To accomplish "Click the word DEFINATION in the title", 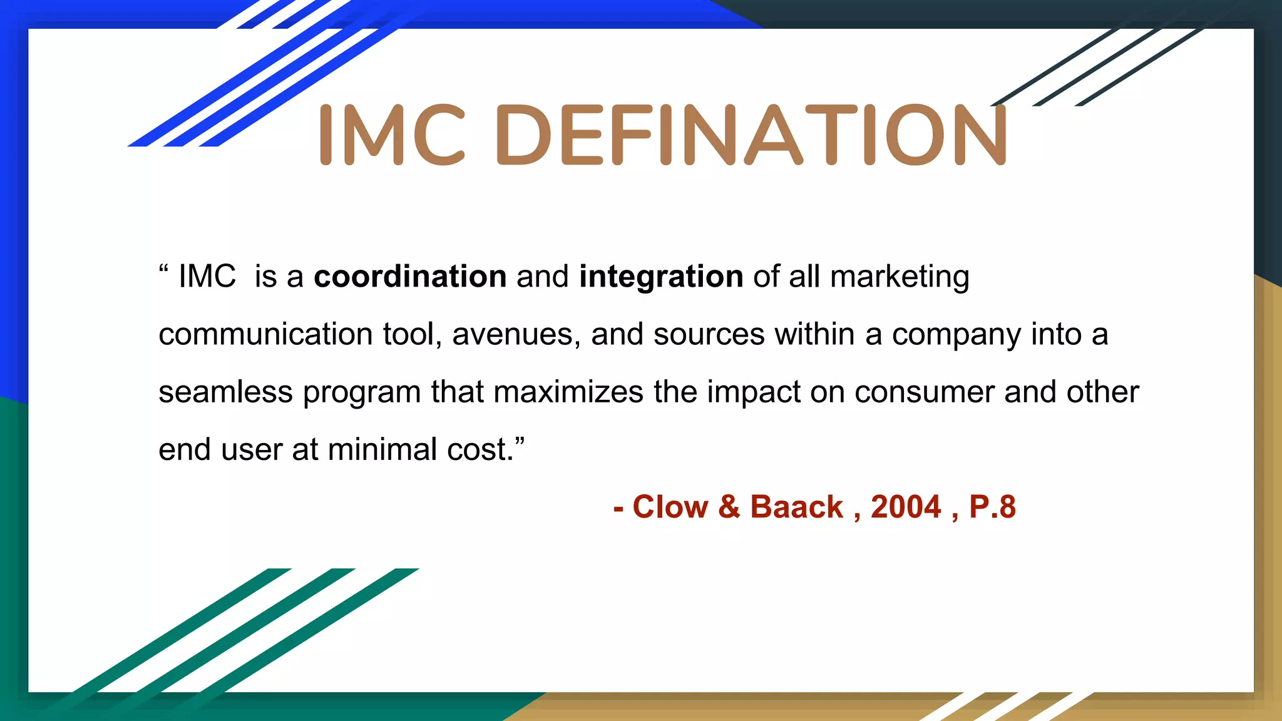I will [x=751, y=135].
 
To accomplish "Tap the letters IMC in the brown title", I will [x=392, y=135].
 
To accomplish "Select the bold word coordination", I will [x=410, y=277].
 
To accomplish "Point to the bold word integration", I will [x=661, y=277].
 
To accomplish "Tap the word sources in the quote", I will [x=709, y=334].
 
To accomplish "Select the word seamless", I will [x=225, y=392].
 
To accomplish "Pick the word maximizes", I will [x=568, y=392].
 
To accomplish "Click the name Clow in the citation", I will [x=670, y=507].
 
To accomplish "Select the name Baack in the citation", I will [x=796, y=507].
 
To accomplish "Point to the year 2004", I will [x=906, y=507].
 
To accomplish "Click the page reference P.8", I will [x=992, y=507].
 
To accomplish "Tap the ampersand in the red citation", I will [x=729, y=507].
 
